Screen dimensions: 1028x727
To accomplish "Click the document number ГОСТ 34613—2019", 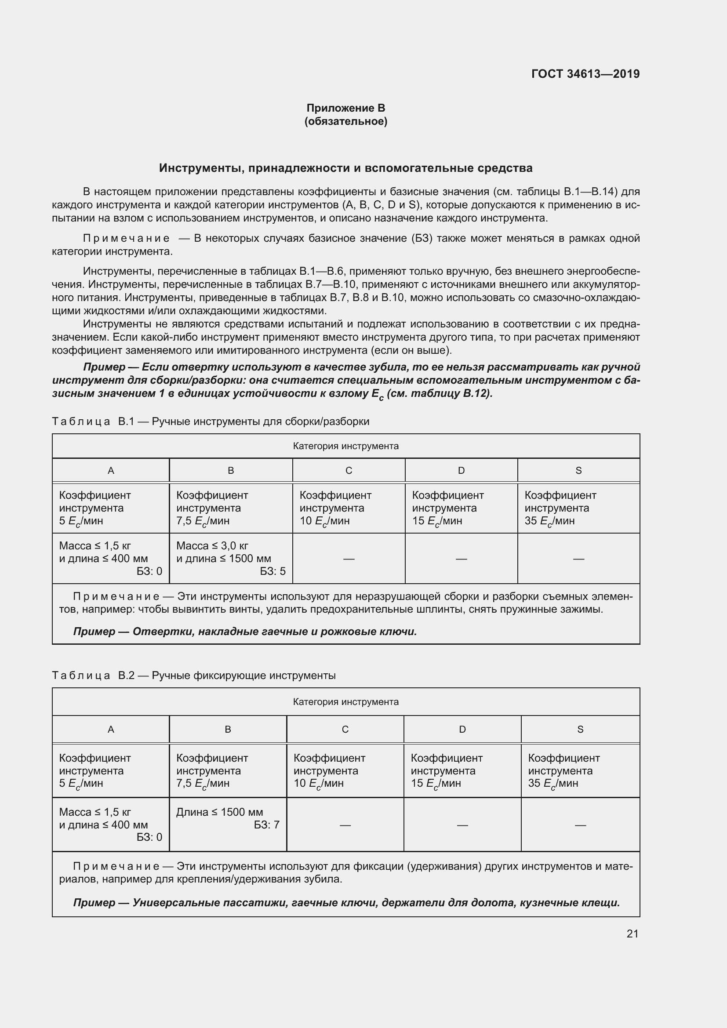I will pyautogui.click(x=585, y=74).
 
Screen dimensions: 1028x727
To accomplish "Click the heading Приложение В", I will pyautogui.click(x=345, y=108).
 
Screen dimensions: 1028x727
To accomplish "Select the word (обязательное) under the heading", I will pyautogui.click(x=345, y=121).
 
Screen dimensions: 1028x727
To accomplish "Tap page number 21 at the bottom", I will pyautogui.click(x=632, y=934).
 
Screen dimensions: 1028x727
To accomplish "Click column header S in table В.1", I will pyautogui.click(x=578, y=471).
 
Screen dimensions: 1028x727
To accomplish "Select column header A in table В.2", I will pyautogui.click(x=111, y=730).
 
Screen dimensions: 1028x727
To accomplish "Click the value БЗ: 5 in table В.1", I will pyautogui.click(x=273, y=571).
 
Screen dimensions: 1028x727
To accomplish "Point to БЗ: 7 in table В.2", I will pyautogui.click(x=266, y=825).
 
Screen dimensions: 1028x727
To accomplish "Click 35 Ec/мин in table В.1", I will pyautogui.click(x=549, y=521).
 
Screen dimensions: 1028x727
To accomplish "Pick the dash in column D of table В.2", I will pyautogui.click(x=462, y=825).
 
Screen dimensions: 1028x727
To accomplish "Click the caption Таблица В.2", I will pyautogui.click(x=93, y=676).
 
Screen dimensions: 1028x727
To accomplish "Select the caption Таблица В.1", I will pyautogui.click(x=93, y=422).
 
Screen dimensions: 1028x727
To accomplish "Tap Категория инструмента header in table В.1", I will pyautogui.click(x=345, y=447).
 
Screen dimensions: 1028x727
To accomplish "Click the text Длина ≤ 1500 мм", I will pyautogui.click(x=219, y=812).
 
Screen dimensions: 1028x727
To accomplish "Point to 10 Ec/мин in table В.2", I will pyautogui.click(x=318, y=783).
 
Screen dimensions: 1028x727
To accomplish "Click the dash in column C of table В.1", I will pyautogui.click(x=349, y=559).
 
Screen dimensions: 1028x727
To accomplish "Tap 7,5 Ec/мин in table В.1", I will pyautogui.click(x=202, y=521).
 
